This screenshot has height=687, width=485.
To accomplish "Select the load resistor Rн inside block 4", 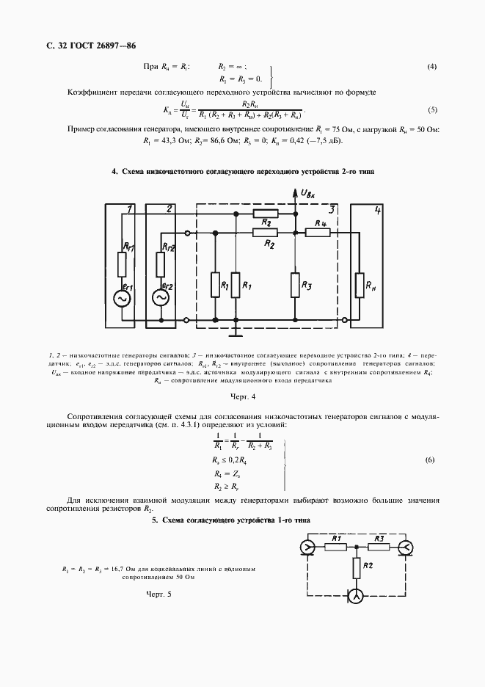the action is click(360, 286).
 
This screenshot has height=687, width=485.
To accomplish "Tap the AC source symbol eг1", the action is click(120, 298).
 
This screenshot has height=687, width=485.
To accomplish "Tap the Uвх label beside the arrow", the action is click(308, 193).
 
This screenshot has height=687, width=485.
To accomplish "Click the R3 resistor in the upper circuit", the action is click(295, 286).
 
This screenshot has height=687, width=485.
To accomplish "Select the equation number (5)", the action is click(432, 110).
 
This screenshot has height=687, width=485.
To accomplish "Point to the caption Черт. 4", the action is click(242, 397).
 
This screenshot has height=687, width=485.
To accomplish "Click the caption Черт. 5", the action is click(158, 593).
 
